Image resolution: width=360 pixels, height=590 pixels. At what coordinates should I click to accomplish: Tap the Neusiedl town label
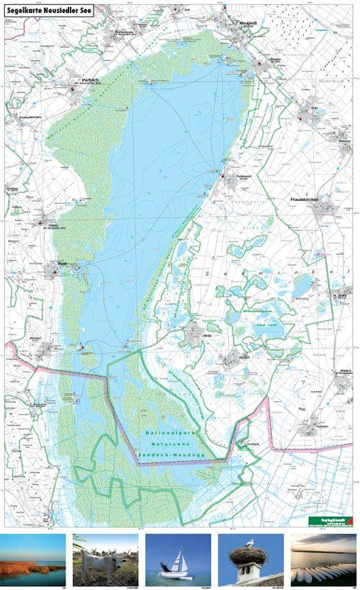point(248,23)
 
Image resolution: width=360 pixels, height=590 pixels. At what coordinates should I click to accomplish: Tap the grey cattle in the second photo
point(100,560)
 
